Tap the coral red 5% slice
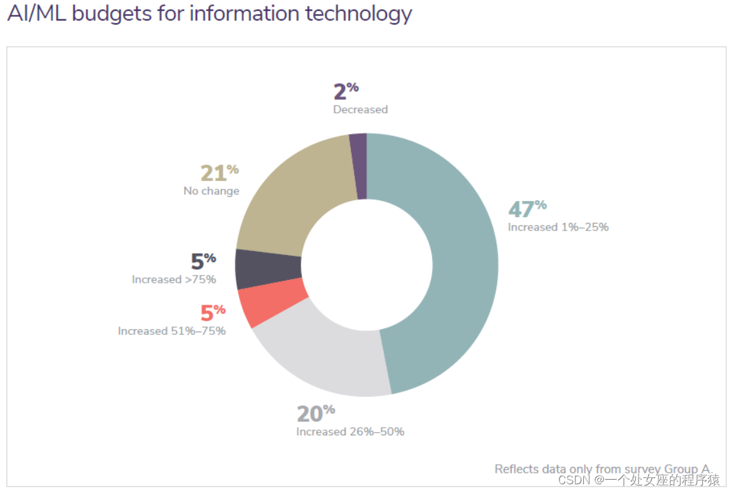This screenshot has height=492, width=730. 270,305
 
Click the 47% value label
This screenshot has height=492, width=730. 527,209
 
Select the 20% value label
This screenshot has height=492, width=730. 315,413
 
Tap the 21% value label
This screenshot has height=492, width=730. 219,173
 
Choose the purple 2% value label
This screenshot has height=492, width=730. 346,91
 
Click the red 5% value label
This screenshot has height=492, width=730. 212,313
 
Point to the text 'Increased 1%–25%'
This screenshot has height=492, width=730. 557,227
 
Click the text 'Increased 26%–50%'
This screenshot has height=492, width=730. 350,432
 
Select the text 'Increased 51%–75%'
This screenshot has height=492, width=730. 172,331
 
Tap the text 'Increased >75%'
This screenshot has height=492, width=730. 174,279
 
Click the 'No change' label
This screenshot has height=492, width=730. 211,191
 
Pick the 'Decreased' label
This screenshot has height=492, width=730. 360,109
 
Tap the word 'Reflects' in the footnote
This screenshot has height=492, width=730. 516,469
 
